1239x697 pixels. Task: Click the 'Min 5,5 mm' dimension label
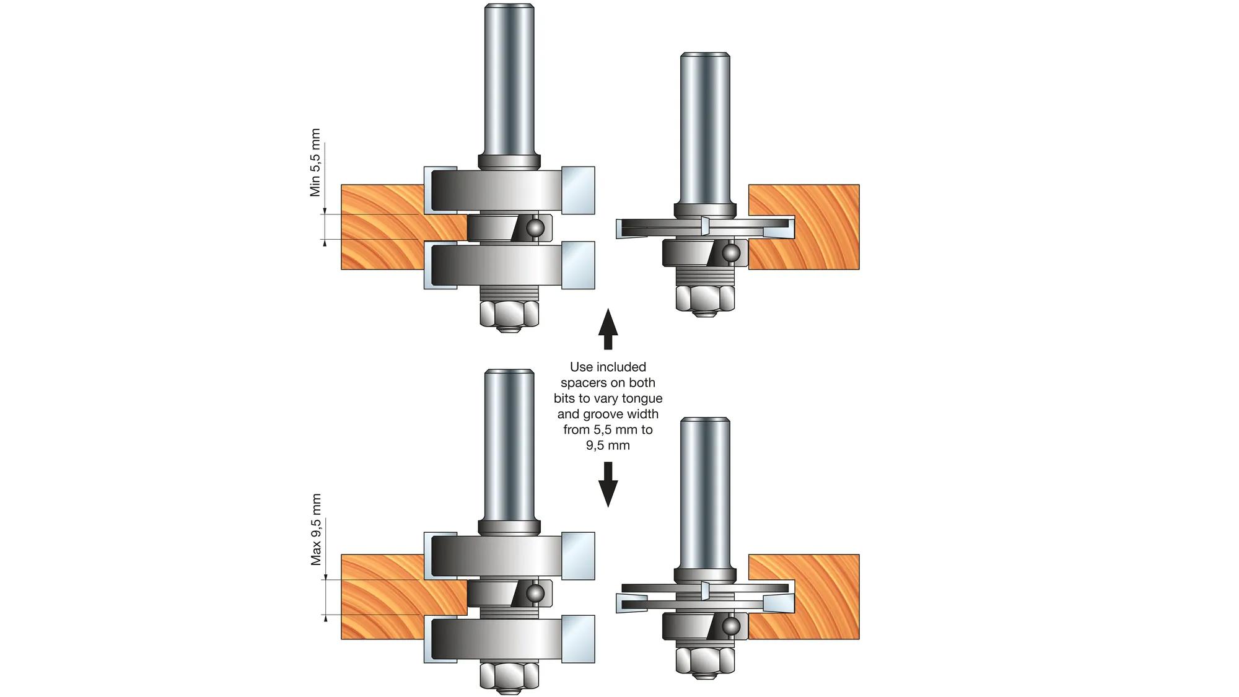click(315, 163)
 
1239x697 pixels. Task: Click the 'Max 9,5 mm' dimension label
click(316, 530)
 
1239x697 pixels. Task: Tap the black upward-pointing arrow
click(608, 330)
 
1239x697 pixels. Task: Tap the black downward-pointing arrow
click(608, 484)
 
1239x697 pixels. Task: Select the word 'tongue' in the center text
click(642, 398)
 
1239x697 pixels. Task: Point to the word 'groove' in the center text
click(605, 414)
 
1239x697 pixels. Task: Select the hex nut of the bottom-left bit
click(509, 675)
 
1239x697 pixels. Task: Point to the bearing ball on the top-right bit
click(730, 253)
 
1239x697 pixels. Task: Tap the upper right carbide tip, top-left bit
click(579, 190)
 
